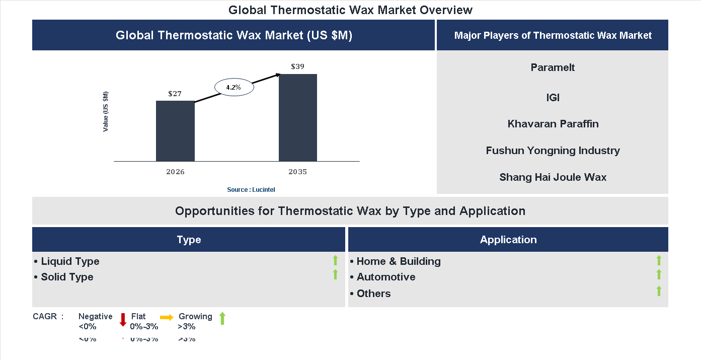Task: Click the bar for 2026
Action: [x=175, y=131]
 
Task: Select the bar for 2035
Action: [x=298, y=118]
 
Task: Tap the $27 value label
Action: [x=175, y=94]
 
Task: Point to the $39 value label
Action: [x=297, y=66]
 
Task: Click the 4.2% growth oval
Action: [x=234, y=87]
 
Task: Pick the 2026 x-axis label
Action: [x=175, y=172]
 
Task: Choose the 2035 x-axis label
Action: [x=297, y=172]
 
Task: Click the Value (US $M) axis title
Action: [x=106, y=112]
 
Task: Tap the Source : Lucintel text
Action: [x=251, y=189]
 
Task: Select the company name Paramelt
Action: [x=553, y=67]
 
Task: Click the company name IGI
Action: [x=553, y=98]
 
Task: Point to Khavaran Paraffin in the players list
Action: [x=553, y=124]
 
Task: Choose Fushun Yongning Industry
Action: [x=553, y=151]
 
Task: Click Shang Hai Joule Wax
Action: [x=553, y=177]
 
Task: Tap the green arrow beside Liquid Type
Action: [x=335, y=260]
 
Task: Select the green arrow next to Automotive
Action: [x=659, y=275]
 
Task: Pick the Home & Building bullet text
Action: [x=398, y=261]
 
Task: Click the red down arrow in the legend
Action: [x=123, y=319]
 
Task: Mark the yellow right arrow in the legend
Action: [x=167, y=317]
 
